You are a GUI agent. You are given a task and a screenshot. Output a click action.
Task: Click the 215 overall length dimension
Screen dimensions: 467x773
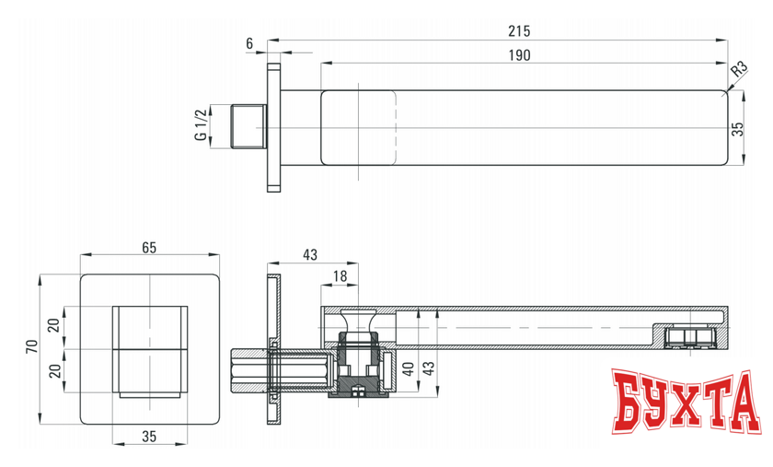(x=519, y=30)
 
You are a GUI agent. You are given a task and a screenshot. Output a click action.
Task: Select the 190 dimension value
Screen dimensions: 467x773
(x=519, y=55)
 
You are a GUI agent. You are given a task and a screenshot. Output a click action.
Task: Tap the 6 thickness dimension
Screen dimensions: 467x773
(x=249, y=44)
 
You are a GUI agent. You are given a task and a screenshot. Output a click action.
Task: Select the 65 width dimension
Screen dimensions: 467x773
(x=150, y=246)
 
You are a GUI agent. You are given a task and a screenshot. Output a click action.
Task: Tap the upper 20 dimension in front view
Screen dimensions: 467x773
(x=53, y=325)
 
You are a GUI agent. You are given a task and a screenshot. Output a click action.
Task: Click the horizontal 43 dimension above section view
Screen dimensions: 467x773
(x=309, y=253)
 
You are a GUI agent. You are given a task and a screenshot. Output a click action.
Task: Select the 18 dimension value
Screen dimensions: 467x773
(x=341, y=275)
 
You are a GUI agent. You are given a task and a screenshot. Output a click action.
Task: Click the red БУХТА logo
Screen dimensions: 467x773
(x=686, y=403)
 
